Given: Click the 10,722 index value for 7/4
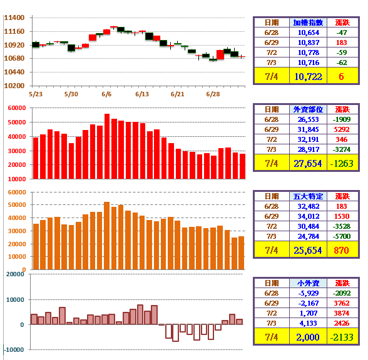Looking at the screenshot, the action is [x=308, y=77].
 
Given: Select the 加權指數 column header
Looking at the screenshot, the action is [x=308, y=22].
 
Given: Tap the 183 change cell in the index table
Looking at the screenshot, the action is [x=341, y=42].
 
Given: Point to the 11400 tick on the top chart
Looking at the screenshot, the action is [x=14, y=17].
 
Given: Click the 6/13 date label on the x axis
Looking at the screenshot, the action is [x=142, y=94].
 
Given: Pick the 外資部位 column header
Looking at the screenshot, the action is [x=308, y=109].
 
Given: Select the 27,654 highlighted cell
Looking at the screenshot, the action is [x=308, y=164].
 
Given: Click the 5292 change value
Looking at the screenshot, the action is [x=342, y=129].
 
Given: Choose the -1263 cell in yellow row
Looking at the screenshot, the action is [x=342, y=164].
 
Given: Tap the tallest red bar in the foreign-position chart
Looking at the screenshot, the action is [x=107, y=146].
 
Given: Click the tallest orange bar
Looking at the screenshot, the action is [x=106, y=236].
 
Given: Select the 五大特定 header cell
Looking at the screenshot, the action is [x=308, y=196].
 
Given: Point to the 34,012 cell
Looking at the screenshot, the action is [x=309, y=216].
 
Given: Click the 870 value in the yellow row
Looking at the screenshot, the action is [x=341, y=250].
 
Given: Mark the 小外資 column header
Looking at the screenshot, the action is [x=308, y=283].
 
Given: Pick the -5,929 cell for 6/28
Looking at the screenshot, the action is [x=309, y=293].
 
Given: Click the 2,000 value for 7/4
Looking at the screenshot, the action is [x=308, y=337].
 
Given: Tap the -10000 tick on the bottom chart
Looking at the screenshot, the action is [x=14, y=350].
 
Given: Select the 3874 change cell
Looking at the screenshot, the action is [x=342, y=313].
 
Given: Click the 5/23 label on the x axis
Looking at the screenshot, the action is [x=36, y=94].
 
